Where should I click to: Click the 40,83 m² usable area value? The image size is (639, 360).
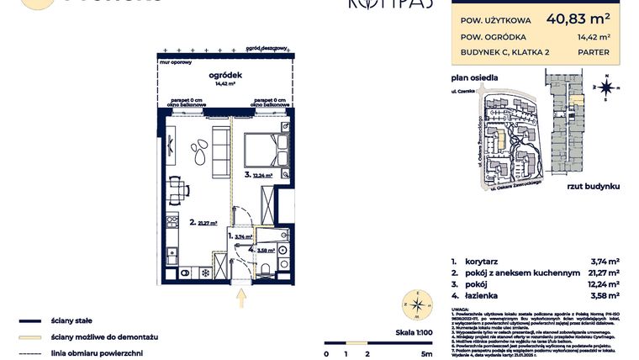pos(578,17)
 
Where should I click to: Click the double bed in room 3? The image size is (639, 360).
pos(261,151)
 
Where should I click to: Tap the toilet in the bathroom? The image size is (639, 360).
pos(263,268)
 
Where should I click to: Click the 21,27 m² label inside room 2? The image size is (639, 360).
pos(207,224)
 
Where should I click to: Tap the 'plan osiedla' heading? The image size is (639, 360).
pos(475,77)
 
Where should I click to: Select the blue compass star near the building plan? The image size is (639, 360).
pos(607,86)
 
